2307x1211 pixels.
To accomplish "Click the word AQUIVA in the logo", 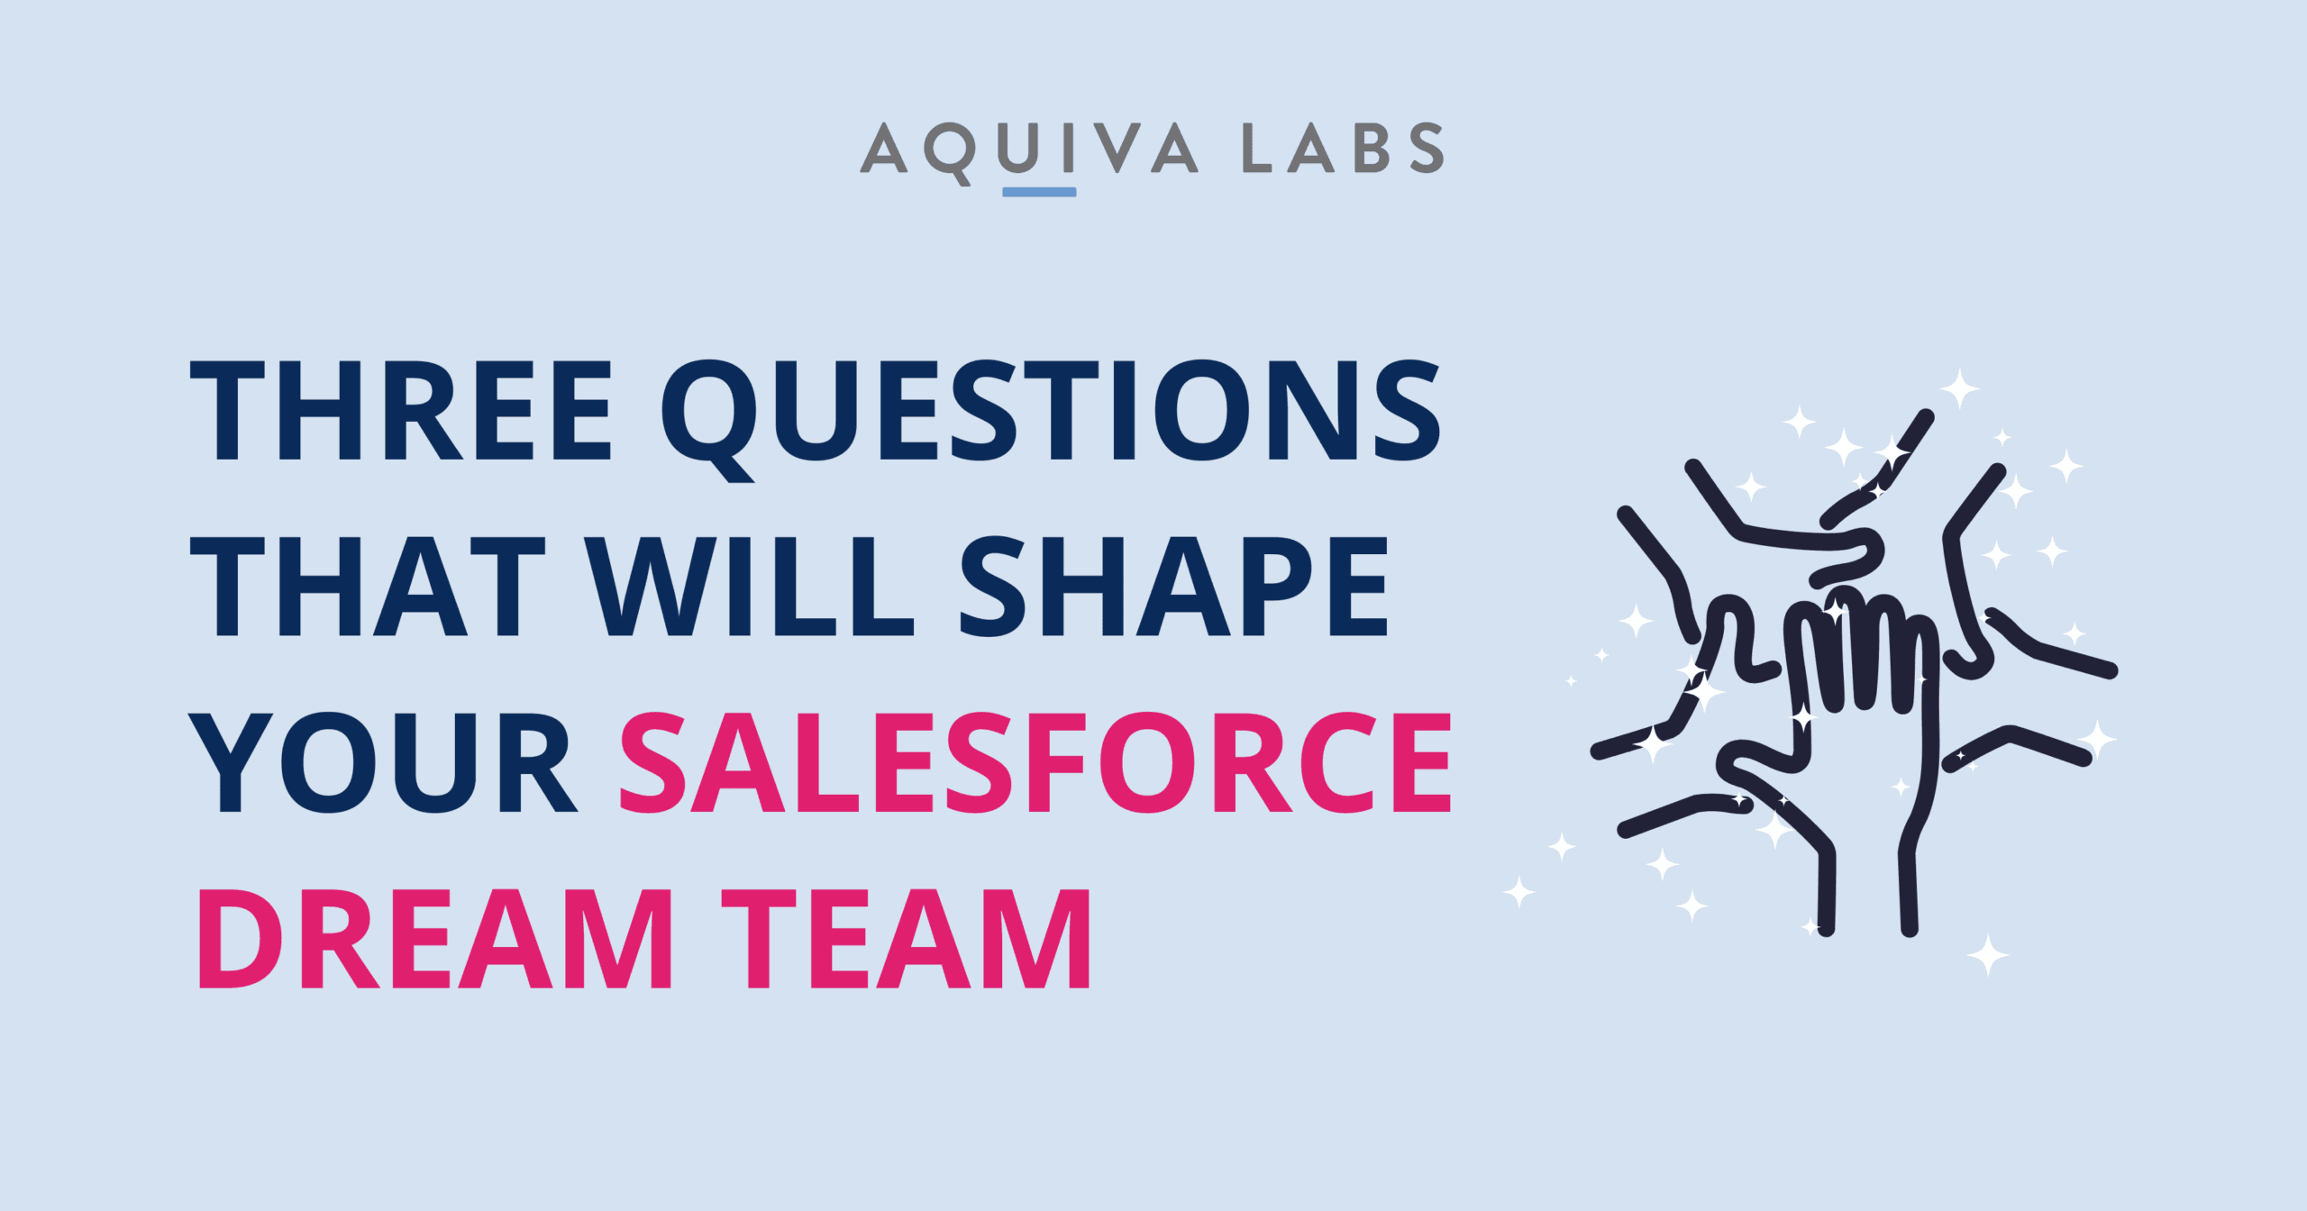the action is pos(1029,150).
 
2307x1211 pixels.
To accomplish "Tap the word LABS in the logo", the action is pos(1344,148).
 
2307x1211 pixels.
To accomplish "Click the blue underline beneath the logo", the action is pos(1039,192).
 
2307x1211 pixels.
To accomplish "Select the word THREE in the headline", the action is pos(401,410).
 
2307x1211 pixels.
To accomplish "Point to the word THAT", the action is pos(368,587).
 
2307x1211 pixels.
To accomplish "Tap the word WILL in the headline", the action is pos(749,587).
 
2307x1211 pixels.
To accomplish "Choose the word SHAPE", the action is pos(1173,587).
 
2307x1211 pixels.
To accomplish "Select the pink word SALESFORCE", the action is pos(1035,762).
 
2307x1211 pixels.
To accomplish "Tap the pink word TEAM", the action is pos(906,939).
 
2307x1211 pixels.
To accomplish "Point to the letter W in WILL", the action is pos(651,587).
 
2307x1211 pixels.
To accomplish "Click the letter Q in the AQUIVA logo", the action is pos(950,153).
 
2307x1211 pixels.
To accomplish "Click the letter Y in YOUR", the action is pos(230,762).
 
